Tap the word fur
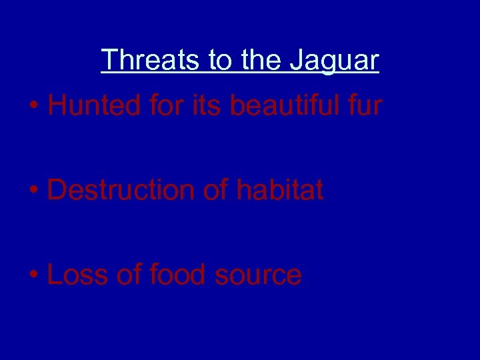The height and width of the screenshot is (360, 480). [365, 105]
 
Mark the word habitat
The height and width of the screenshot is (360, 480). [279, 190]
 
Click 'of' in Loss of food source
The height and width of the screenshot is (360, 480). [129, 275]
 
